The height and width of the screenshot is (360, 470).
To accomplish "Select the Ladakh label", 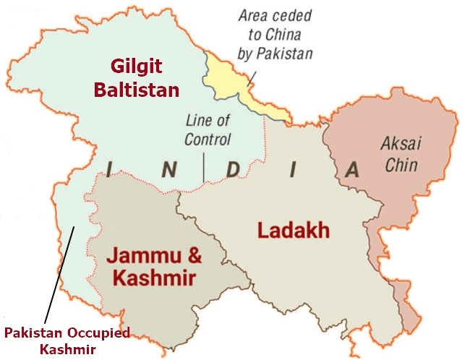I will coord(294,231).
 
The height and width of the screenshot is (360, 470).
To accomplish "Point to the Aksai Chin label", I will coord(400,153).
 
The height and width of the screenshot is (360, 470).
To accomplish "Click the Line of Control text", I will coord(208,129).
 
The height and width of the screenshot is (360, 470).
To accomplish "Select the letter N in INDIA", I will coord(168,169).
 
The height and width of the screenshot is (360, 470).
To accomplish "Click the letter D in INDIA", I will coord(232,169).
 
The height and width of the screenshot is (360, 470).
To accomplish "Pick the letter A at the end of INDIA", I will coord(352,169).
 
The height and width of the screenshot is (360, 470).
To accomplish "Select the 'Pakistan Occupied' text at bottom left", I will coord(67,333).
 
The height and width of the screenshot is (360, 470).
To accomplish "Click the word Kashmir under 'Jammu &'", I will coord(152,277).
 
